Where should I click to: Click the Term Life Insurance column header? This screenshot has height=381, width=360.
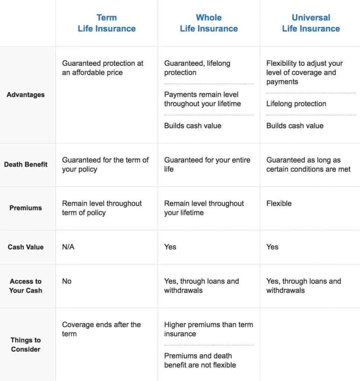tap(107, 23)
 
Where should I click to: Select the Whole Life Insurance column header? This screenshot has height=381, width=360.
tap(209, 23)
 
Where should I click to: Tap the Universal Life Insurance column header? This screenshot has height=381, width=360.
tap(311, 23)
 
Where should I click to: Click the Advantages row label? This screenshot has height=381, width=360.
tap(26, 95)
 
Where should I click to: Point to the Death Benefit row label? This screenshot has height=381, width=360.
tap(26, 164)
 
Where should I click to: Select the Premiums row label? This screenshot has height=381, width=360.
tap(26, 208)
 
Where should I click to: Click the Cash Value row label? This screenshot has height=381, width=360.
tap(26, 247)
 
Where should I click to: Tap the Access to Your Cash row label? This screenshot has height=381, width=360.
tap(26, 286)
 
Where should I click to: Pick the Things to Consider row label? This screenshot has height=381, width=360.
tap(26, 345)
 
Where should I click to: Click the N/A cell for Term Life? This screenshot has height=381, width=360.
tap(68, 247)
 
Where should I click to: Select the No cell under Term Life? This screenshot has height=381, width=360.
tap(67, 281)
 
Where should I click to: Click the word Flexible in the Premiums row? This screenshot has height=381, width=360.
tap(279, 204)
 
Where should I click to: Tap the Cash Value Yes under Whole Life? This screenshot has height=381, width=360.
tap(170, 247)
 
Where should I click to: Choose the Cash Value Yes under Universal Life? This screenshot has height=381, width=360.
tap(272, 247)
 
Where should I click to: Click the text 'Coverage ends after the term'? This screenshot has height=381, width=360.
tap(101, 329)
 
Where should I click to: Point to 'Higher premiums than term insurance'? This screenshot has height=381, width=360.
tap(208, 329)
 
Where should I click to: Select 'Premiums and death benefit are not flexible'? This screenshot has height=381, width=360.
tap(200, 360)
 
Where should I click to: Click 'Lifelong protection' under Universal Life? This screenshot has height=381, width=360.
tap(296, 104)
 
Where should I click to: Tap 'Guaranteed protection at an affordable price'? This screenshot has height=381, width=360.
tap(103, 68)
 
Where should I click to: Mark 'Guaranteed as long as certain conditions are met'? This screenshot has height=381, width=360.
tap(308, 164)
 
